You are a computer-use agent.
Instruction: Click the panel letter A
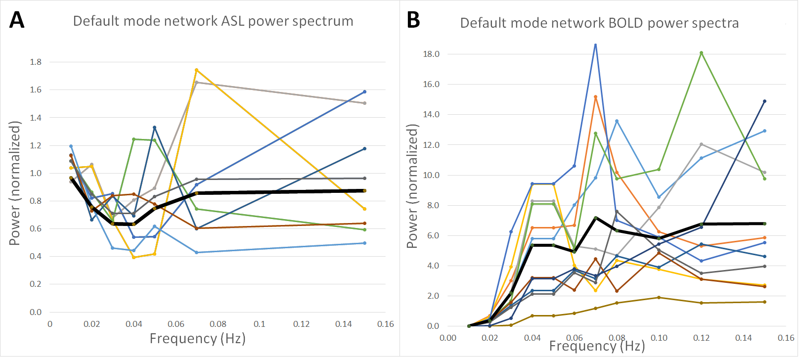17,20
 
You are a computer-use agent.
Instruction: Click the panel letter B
413,20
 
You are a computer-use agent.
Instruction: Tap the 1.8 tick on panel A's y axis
36,62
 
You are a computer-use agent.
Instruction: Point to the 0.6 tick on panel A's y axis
36,229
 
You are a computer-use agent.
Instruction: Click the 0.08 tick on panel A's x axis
218,324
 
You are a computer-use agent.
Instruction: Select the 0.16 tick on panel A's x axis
386,324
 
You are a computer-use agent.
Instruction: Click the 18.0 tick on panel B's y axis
431,54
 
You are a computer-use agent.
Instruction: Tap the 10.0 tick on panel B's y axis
431,176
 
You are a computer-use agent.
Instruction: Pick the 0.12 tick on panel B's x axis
701,338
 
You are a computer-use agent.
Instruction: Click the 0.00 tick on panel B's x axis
448,338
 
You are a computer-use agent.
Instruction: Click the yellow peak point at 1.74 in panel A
196,70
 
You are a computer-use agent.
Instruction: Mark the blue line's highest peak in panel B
595,45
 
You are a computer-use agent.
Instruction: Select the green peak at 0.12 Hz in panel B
701,53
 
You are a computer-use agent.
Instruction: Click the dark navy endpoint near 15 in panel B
764,101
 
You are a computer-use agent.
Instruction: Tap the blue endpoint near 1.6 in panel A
364,92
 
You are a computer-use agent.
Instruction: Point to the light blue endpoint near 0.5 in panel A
364,243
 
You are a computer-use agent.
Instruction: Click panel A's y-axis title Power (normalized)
15,183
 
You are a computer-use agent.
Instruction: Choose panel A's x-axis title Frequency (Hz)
198,339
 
